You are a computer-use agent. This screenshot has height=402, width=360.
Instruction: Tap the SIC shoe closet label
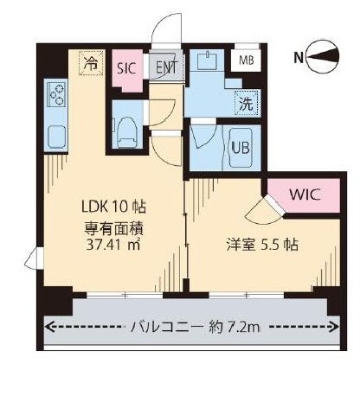[x=127, y=65]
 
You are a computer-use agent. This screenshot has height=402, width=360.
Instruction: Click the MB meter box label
[x=247, y=61]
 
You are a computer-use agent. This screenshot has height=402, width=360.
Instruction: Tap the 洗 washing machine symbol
[x=246, y=101]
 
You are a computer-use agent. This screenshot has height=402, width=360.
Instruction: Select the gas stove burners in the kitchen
[x=57, y=93]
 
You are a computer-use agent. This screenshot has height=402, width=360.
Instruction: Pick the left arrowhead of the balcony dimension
[x=48, y=327]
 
